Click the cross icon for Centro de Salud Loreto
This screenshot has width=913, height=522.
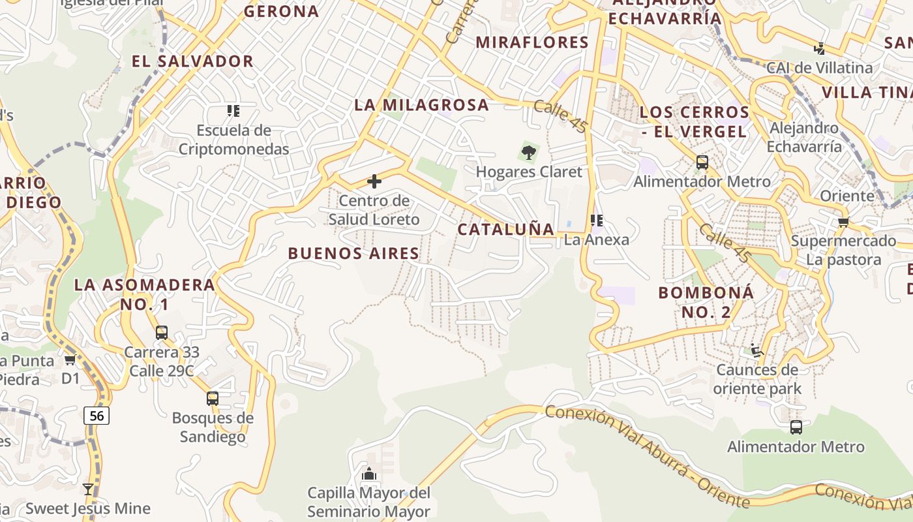[374, 181]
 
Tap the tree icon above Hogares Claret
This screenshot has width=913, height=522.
[529, 153]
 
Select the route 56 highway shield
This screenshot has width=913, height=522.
[97, 415]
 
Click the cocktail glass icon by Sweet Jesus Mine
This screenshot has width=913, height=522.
[88, 489]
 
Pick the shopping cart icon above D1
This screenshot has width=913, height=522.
[70, 360]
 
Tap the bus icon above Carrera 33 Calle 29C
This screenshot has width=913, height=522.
[162, 333]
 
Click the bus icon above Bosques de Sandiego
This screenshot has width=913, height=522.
[213, 398]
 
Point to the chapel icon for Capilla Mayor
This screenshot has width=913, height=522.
[369, 473]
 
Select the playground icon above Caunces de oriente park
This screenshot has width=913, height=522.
[756, 351]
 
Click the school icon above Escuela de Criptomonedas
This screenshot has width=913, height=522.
[233, 111]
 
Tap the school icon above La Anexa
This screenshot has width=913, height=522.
[596, 221]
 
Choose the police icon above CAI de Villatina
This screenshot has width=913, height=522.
[820, 48]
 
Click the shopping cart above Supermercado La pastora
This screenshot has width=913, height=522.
[843, 222]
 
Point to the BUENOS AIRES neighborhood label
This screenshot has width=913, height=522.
[353, 253]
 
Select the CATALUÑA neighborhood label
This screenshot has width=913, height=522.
[506, 229]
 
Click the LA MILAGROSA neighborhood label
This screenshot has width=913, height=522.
[421, 104]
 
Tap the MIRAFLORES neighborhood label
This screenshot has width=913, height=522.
[532, 42]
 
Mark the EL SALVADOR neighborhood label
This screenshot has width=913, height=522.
[192, 61]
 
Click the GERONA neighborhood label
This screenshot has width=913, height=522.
[282, 11]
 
